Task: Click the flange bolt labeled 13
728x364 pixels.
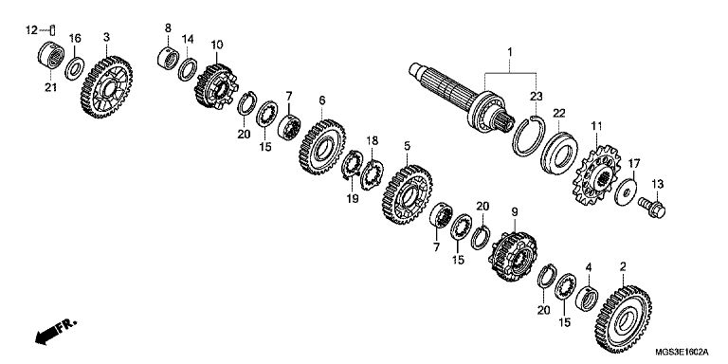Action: coord(652,208)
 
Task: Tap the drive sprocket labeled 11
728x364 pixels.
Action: coord(597,175)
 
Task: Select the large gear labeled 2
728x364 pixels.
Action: coord(624,318)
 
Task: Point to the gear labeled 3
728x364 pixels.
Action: coord(107,87)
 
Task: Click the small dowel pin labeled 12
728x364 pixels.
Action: coord(53,29)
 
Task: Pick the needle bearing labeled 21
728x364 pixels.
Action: coord(51,55)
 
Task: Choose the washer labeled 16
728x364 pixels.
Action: coord(74,68)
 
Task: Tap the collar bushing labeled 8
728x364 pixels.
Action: coord(168,59)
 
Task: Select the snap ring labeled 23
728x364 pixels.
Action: coord(529,136)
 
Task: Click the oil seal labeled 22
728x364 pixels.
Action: coord(559,154)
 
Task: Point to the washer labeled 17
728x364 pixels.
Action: coord(626,191)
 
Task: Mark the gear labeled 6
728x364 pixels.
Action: coord(322,147)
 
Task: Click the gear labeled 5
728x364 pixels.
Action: coord(408,194)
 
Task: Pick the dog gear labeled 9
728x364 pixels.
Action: coord(513,257)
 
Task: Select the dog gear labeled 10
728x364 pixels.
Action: coord(216,86)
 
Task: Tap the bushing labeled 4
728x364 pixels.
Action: coord(587,298)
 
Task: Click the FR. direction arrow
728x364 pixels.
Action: coord(56,331)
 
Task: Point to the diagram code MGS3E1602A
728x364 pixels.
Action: coord(682,352)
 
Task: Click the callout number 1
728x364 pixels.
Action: coord(509,52)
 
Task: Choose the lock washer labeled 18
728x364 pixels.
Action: coord(372,174)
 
